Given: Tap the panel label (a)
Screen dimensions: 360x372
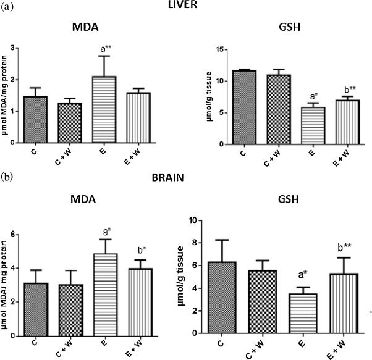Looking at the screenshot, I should click(7, 7).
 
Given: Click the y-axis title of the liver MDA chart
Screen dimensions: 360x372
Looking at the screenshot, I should click(7, 96).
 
